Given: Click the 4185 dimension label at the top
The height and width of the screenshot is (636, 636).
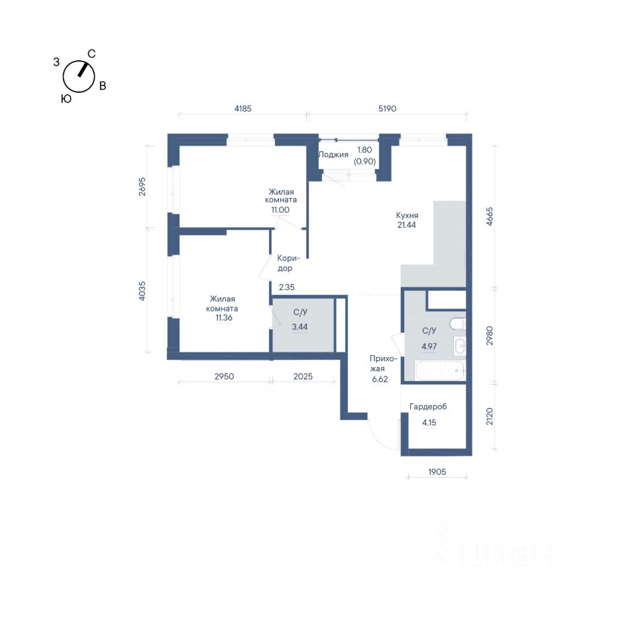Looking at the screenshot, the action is [243, 109].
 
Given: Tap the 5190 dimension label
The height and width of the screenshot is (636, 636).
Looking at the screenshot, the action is [388, 109].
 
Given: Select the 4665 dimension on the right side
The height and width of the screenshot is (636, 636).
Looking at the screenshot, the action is [490, 217].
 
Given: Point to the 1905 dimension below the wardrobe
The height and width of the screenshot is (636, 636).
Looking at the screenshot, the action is [437, 472].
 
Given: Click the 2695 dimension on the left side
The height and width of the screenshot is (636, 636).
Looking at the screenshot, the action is [142, 187].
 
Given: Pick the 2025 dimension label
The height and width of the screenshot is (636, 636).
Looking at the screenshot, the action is [303, 376].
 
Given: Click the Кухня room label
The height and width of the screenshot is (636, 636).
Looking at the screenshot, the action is [407, 215].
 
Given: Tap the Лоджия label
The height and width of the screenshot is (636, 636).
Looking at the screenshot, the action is [333, 154].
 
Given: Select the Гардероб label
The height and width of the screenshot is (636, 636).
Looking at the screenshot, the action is [428, 406].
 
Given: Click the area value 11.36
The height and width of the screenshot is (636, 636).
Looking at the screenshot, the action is [224, 317].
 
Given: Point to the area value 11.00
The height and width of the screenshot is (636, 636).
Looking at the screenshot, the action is [280, 210].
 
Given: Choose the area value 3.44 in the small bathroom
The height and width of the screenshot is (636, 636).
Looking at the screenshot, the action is [299, 327].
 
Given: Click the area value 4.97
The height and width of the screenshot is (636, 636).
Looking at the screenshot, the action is [429, 346].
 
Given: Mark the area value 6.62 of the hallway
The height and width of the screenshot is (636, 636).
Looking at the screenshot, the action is [380, 379].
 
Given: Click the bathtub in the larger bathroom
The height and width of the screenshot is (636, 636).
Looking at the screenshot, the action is [441, 370].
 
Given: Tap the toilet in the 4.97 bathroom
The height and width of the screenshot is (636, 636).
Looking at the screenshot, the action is [457, 324].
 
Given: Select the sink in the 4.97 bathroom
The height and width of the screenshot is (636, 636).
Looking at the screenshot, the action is [460, 346].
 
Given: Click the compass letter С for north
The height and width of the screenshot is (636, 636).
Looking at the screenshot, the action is [91, 54].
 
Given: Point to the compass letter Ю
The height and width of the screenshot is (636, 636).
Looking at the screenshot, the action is [66, 99].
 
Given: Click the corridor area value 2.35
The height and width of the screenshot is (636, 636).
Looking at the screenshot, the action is [287, 287].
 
